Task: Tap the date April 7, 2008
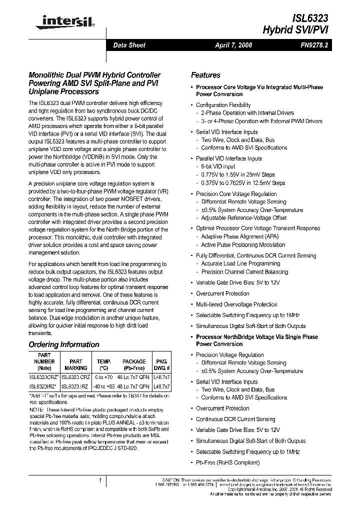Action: pyautogui.click(x=233, y=45)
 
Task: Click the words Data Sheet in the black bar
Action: pyautogui.click(x=129, y=45)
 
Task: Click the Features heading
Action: pyautogui.click(x=205, y=75)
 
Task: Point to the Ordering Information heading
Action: pyautogui.click(x=64, y=344)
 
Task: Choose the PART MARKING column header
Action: pyautogui.click(x=76, y=364)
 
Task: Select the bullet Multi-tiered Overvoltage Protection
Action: pyautogui.click(x=236, y=304)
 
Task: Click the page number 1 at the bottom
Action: pyautogui.click(x=100, y=480)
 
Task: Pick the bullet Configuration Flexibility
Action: pyautogui.click(x=223, y=105)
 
